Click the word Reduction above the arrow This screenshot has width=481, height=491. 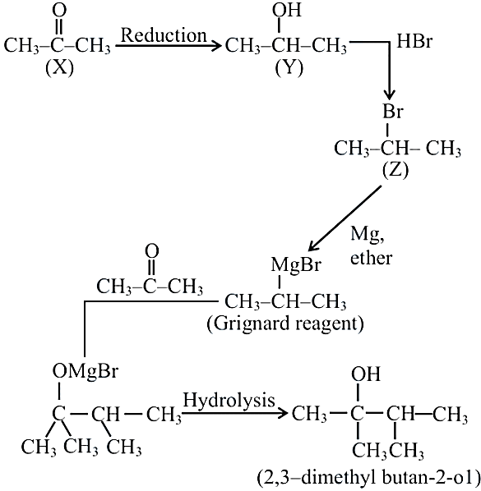pos(164,35)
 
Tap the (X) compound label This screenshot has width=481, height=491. pos(59,68)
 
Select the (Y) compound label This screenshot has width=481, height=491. pos(289,68)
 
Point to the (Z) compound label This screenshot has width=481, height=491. pos(395,171)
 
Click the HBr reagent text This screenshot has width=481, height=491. pos(414,41)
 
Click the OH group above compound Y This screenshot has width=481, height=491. pos(287,10)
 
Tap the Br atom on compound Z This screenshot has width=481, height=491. pos(392,111)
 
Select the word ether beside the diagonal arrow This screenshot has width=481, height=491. pos(372,259)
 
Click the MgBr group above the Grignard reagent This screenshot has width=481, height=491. pos(296,264)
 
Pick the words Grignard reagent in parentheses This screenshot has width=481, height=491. pos(285,324)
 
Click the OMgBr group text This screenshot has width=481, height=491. pos(86,371)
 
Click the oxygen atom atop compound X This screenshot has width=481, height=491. pos(59,10)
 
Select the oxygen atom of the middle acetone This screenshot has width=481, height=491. pos(152,250)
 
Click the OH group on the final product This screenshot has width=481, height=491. pos(366,374)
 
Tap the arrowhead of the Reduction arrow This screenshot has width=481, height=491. pos(216,46)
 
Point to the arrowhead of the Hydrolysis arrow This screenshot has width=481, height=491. pos(281,413)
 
